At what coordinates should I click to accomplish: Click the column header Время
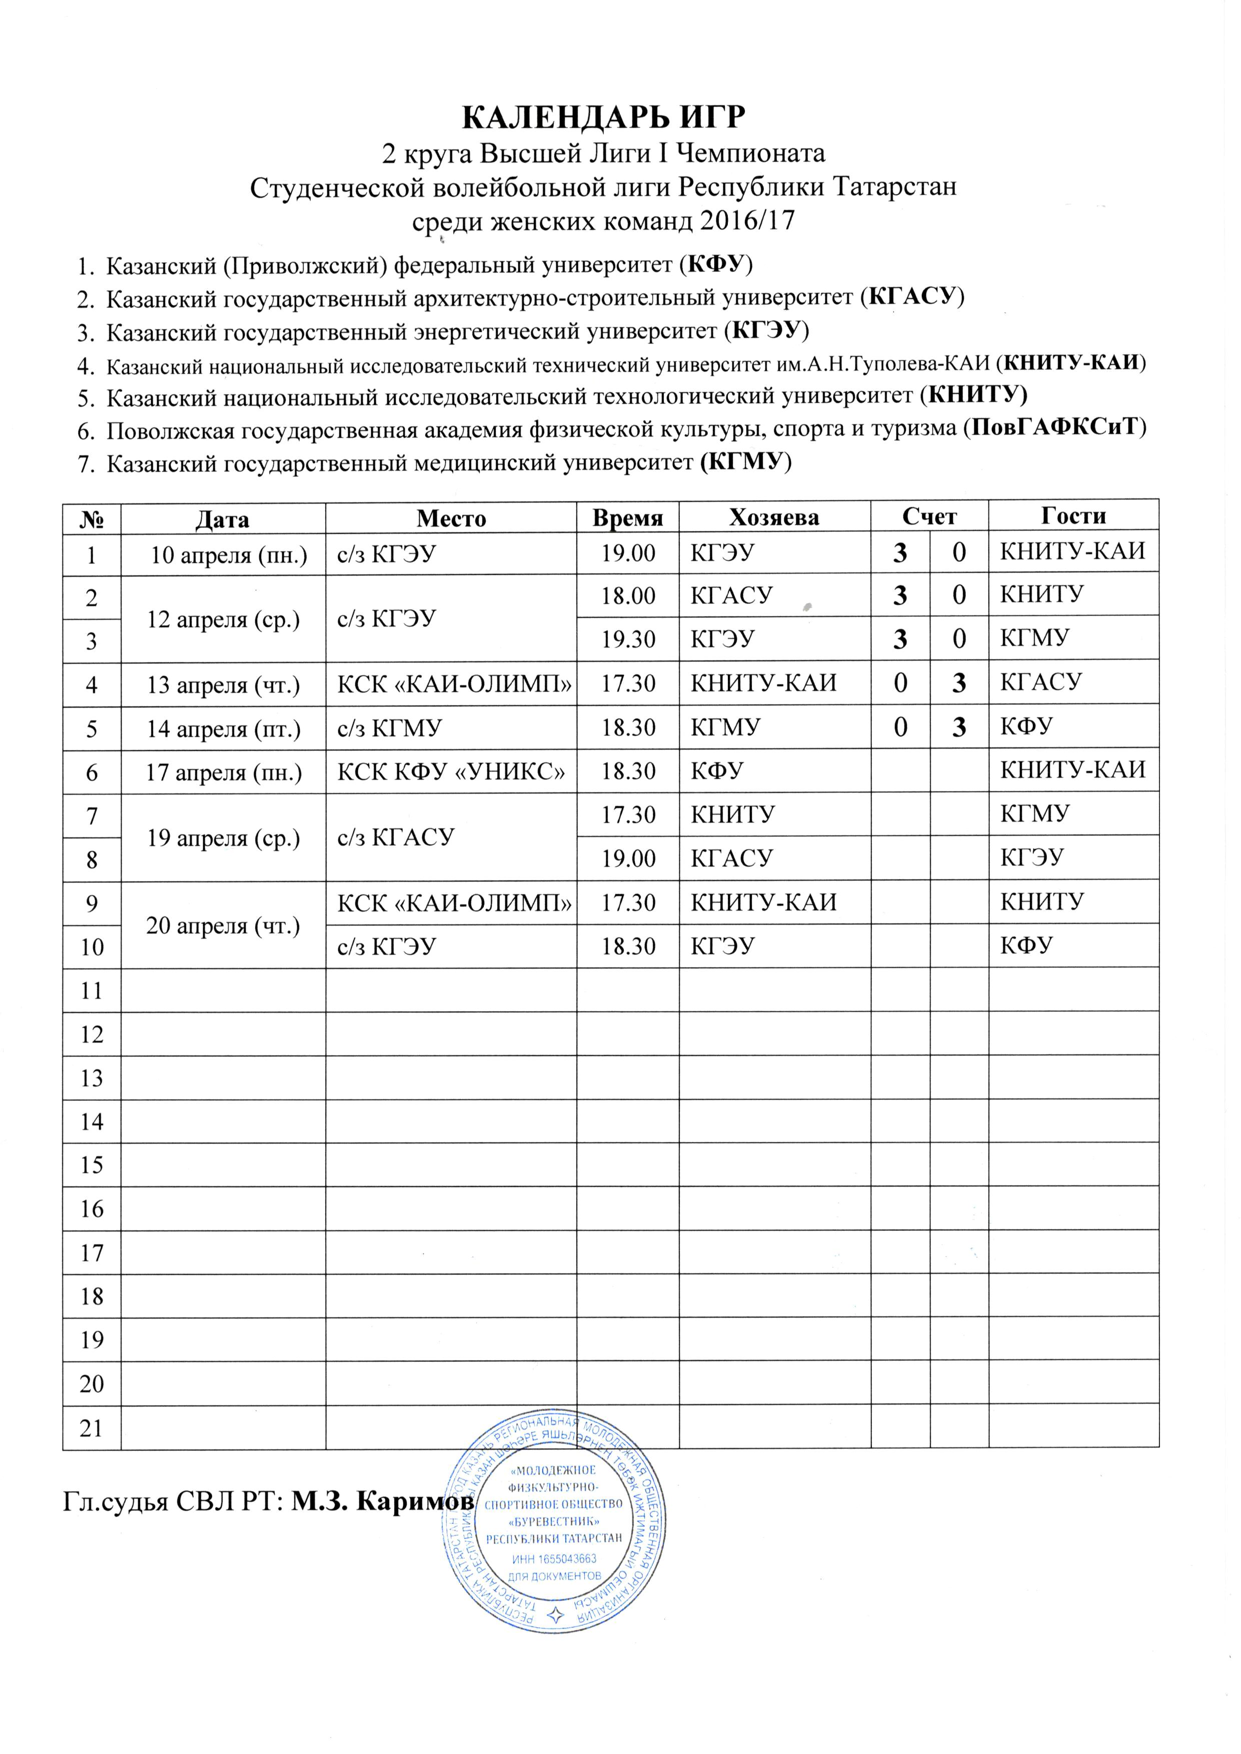[x=627, y=518]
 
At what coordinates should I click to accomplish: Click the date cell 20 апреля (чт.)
[x=223, y=925]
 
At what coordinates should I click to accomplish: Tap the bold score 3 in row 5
[x=958, y=727]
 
